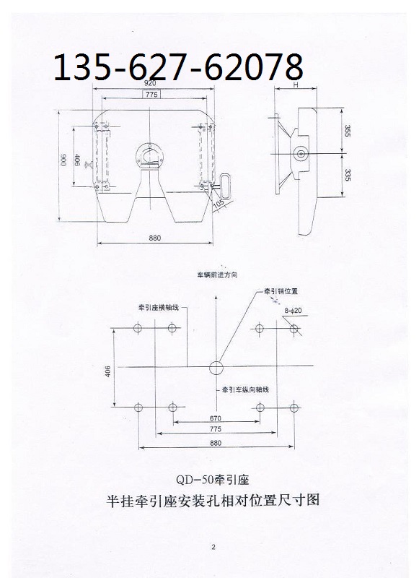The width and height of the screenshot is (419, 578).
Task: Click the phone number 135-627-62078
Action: click(x=179, y=66)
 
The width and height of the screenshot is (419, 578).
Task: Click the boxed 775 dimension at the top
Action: click(x=151, y=95)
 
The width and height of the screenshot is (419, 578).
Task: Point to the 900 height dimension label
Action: click(x=63, y=160)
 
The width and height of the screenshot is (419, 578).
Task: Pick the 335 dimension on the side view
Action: click(x=348, y=176)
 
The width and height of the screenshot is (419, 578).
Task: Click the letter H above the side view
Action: click(x=296, y=85)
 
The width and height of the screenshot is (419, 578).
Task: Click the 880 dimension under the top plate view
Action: click(x=155, y=238)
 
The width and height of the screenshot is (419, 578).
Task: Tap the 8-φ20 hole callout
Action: click(x=293, y=311)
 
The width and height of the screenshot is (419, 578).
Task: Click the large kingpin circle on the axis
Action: click(x=216, y=367)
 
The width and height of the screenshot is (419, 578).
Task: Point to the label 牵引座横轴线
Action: click(x=159, y=307)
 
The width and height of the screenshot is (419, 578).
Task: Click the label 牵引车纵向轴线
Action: click(x=245, y=389)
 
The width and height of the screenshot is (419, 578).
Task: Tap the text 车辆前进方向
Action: click(x=217, y=275)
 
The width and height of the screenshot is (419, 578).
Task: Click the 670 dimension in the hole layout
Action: click(x=216, y=418)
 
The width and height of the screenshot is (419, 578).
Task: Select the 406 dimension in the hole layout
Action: click(x=107, y=371)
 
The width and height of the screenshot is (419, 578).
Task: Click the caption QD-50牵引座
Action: click(x=212, y=480)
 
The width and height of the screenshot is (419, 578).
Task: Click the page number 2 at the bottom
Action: click(x=213, y=548)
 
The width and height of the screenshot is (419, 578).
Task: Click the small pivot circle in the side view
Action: click(x=301, y=154)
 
